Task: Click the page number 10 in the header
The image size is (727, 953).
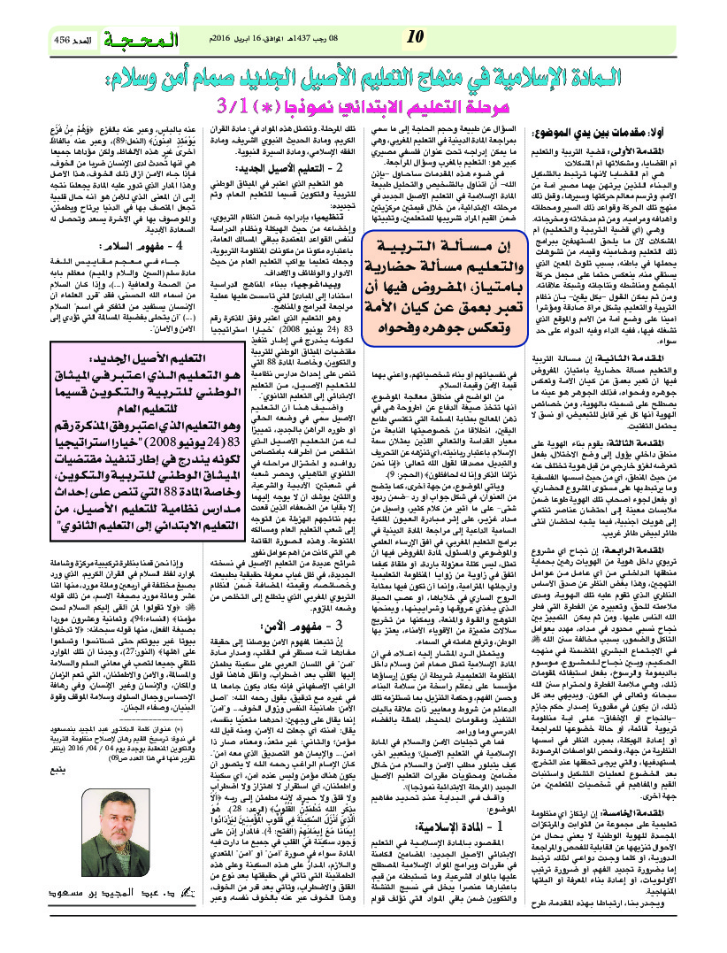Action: pos(412,37)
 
